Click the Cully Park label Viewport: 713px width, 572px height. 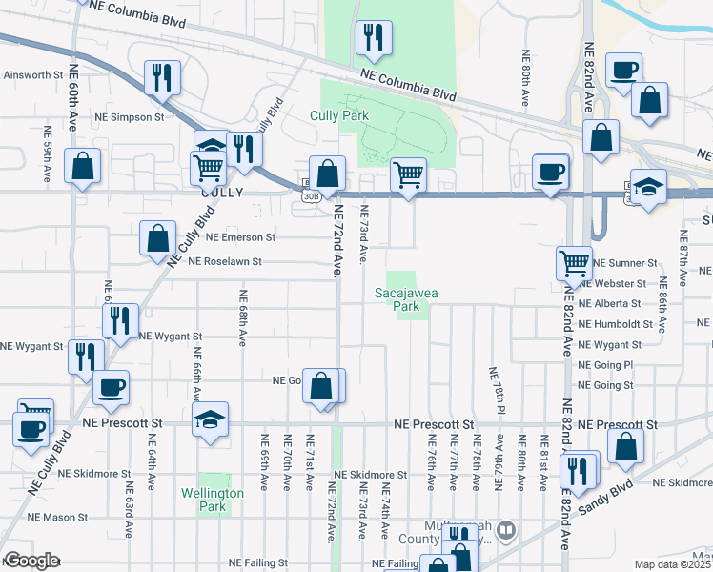tap(338, 116)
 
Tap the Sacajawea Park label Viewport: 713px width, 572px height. tap(405, 299)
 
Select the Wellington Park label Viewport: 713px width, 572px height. tap(213, 500)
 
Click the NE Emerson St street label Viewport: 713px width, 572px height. tap(240, 236)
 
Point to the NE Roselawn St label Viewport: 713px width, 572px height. tap(225, 260)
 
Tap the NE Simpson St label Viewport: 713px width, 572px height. tap(129, 117)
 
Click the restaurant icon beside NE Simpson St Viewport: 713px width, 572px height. tap(162, 76)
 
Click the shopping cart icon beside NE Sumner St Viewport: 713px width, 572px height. tap(574, 261)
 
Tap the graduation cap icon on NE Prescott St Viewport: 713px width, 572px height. tap(210, 419)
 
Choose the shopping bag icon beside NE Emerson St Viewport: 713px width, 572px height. tap(157, 238)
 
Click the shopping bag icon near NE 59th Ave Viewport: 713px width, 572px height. tap(83, 166)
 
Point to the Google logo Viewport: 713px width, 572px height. tap(31, 560)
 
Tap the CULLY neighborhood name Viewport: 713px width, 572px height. tap(223, 192)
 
